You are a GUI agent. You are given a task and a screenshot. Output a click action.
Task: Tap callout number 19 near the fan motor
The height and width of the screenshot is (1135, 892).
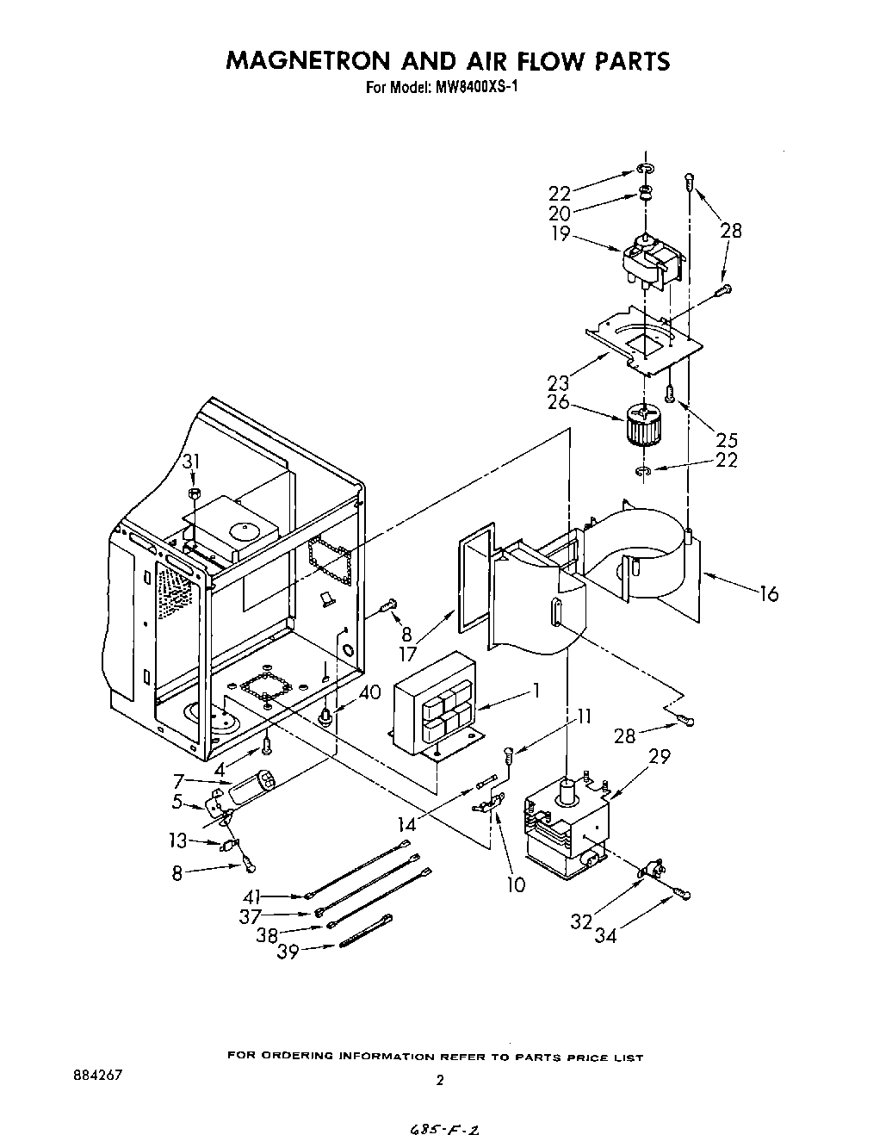tap(561, 233)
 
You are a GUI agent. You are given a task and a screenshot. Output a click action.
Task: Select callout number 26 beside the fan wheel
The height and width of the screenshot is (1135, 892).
tap(559, 401)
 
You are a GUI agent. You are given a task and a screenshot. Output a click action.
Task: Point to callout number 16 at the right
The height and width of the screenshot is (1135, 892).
tap(769, 593)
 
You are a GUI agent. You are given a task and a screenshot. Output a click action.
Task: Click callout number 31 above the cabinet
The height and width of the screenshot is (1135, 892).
tap(191, 462)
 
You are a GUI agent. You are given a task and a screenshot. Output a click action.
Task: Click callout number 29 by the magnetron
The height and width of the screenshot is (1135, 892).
tap(659, 757)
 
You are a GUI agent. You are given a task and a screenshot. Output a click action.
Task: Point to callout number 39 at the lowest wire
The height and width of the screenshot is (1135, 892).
tap(288, 952)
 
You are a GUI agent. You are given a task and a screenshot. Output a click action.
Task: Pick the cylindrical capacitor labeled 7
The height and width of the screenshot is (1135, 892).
tap(252, 785)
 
